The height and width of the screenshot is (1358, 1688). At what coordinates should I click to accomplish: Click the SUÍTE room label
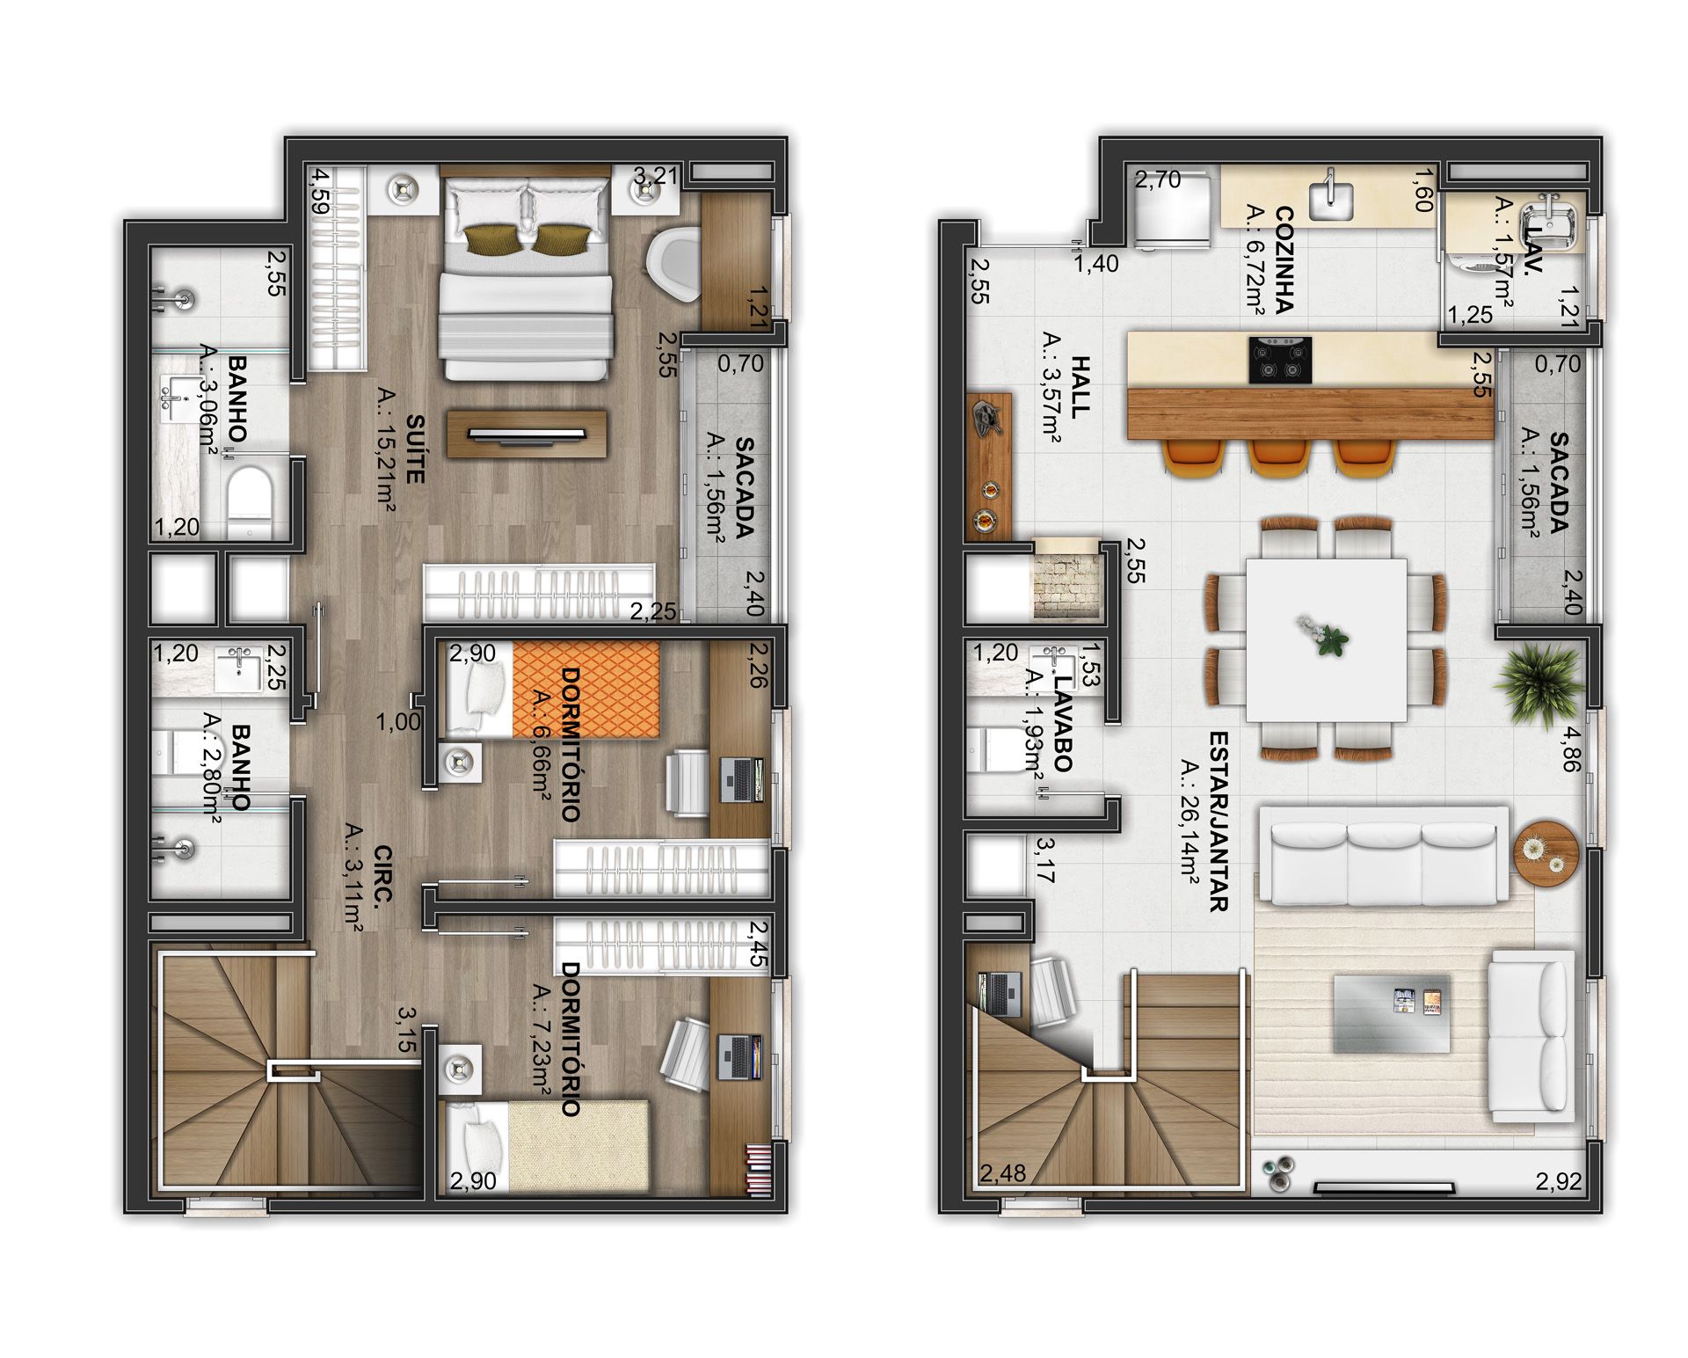click(415, 449)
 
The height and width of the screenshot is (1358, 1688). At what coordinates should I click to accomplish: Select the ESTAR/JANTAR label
click(1218, 821)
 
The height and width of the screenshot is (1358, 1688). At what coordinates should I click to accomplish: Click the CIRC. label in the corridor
click(382, 877)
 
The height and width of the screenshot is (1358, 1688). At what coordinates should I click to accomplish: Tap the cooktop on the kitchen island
click(1280, 361)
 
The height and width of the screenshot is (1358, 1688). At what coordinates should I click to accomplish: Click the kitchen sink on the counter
click(1332, 200)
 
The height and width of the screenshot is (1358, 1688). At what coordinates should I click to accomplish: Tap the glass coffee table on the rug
click(1392, 1012)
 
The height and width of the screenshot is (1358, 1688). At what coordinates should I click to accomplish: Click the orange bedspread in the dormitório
click(586, 690)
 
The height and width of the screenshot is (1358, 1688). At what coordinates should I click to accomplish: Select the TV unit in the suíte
click(527, 433)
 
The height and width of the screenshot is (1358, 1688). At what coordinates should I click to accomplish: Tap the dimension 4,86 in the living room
click(1571, 748)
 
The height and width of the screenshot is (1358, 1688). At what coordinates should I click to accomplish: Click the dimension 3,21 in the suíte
click(657, 176)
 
